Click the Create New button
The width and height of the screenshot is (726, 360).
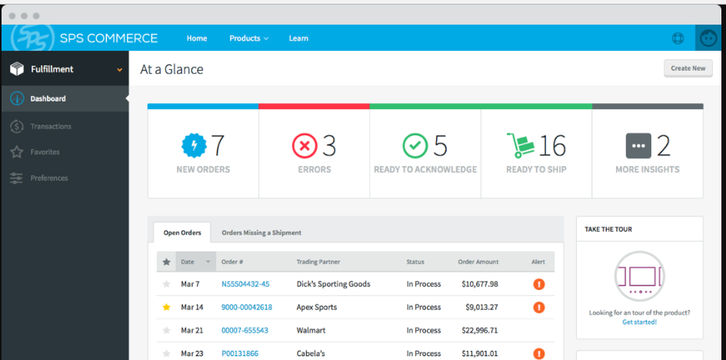(x=688, y=68)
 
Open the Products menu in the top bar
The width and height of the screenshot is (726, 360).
(x=248, y=38)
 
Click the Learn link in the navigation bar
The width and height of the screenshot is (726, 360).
(x=298, y=38)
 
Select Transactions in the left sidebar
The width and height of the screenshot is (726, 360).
(x=51, y=126)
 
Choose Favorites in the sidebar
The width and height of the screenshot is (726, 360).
(x=45, y=152)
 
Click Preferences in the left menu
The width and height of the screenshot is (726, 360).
(x=48, y=178)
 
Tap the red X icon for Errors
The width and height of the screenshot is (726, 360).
(x=304, y=145)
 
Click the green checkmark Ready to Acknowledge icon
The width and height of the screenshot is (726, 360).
(x=415, y=145)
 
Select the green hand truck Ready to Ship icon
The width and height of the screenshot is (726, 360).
(x=520, y=145)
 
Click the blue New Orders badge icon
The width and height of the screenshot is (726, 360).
(x=194, y=145)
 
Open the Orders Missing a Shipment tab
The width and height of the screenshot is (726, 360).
(x=261, y=232)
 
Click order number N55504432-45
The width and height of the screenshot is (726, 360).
(x=245, y=284)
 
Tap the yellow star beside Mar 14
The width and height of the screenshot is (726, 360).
(x=166, y=308)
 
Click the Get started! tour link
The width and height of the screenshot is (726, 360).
(x=639, y=322)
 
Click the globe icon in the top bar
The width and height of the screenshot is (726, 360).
(x=678, y=38)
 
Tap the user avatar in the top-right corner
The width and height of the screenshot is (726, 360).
(x=708, y=38)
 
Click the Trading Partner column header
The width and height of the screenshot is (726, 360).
(x=318, y=262)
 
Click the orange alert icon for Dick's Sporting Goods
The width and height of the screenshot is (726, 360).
(x=539, y=285)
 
